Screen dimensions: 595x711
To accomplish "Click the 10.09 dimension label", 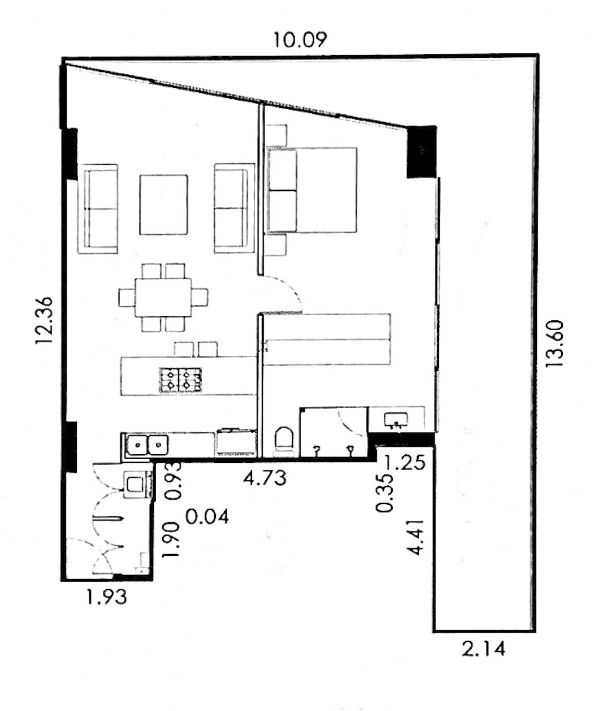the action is point(299,40).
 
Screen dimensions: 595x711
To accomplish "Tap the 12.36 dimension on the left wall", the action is point(45,320).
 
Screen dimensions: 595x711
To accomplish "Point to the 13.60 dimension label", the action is point(555,343).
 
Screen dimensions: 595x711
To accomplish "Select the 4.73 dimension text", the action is point(265,478).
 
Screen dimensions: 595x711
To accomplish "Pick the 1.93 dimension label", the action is point(107,596).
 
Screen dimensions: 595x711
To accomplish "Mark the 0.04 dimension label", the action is point(207,517).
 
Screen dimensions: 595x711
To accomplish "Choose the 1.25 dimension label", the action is point(405,463).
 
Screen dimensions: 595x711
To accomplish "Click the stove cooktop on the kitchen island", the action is point(180,379).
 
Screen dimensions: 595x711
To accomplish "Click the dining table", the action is point(163,297).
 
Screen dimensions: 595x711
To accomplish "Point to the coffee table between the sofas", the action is point(164,205).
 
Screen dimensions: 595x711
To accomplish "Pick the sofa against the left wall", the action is point(98,209).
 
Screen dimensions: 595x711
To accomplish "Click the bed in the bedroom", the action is point(312,190).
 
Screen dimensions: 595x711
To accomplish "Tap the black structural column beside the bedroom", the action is point(421,152).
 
